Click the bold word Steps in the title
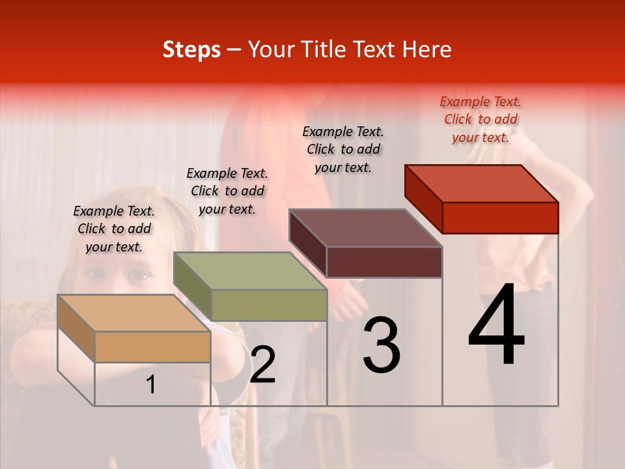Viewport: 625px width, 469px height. click(191, 50)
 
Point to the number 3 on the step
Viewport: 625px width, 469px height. click(381, 345)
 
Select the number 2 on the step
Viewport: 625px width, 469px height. click(262, 365)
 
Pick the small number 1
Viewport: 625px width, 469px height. click(151, 385)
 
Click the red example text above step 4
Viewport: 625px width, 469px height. click(480, 119)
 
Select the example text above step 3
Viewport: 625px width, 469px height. click(343, 149)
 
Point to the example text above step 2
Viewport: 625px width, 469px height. click(227, 191)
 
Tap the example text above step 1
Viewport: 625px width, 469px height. click(114, 229)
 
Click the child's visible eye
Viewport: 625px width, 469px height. click(137, 276)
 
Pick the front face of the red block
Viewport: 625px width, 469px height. click(500, 218)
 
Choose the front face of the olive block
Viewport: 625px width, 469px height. click(269, 305)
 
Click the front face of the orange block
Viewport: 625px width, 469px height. click(152, 347)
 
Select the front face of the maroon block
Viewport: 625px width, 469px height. click(384, 262)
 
